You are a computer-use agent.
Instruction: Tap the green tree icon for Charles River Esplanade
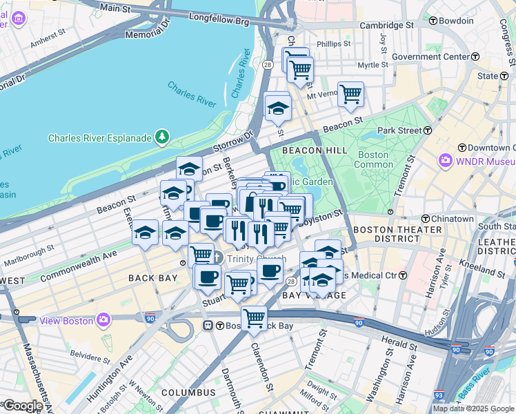point(162,137)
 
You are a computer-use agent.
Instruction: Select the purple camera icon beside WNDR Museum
point(446,161)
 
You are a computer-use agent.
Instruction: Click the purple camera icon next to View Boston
point(103,319)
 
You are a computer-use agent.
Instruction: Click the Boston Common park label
point(372,159)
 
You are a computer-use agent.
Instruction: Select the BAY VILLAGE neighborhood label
point(314,295)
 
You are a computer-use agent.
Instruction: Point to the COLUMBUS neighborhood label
point(188,393)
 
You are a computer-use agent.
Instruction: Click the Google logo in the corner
point(22,406)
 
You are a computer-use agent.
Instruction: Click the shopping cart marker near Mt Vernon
point(350,94)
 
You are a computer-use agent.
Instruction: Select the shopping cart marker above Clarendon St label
point(255,318)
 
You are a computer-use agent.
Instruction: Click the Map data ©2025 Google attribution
point(473,408)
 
